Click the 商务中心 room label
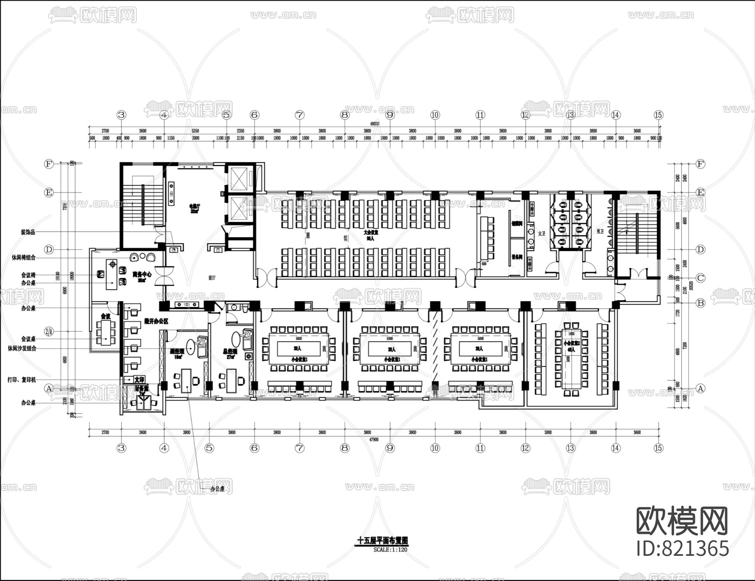point(142,274)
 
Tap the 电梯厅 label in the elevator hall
point(194,206)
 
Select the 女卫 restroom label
point(542,233)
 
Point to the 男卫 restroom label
point(600,231)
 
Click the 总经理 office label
point(230,351)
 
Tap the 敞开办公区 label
point(156,321)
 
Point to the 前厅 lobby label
point(212,278)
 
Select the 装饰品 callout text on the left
point(28,232)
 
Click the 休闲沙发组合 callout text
point(22,348)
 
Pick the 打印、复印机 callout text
point(22,380)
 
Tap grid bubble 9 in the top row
point(390,115)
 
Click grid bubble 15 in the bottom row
point(658,448)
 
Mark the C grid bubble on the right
point(700,278)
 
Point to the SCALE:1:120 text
point(390,550)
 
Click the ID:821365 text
point(683,548)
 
